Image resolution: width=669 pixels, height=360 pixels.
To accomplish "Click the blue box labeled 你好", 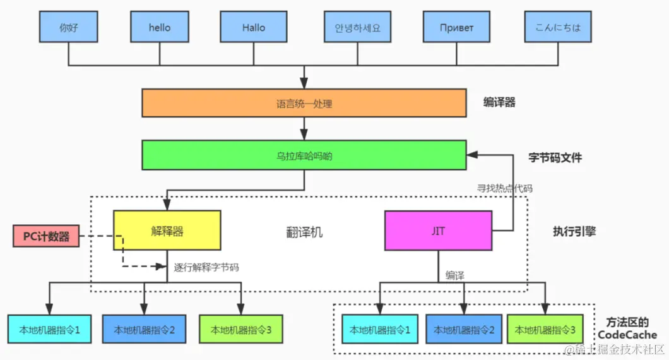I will coord(68,28).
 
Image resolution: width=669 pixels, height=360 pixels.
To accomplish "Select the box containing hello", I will coord(160,28).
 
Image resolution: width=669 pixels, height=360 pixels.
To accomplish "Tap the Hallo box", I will coord(254,28).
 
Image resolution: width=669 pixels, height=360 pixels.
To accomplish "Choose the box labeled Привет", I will coord(457,28).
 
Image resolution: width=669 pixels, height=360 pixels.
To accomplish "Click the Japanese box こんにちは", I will coord(557,28).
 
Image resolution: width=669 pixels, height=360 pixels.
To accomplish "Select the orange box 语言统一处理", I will coord(304,104).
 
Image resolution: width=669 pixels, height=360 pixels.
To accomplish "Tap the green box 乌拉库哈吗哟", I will coord(304,156).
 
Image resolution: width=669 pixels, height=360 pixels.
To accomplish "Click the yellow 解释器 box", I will coord(167,231).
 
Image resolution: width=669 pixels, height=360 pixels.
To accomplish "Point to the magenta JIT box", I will coord(439,231).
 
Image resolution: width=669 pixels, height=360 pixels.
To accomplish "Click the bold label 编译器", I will coord(499,102).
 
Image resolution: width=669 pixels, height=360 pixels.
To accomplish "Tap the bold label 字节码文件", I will coord(555,158).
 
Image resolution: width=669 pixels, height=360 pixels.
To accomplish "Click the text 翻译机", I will coord(304,232).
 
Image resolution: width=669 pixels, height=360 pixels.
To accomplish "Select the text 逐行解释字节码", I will coord(206,267).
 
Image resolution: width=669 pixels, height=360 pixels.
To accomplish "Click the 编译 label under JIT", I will coord(455,275).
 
